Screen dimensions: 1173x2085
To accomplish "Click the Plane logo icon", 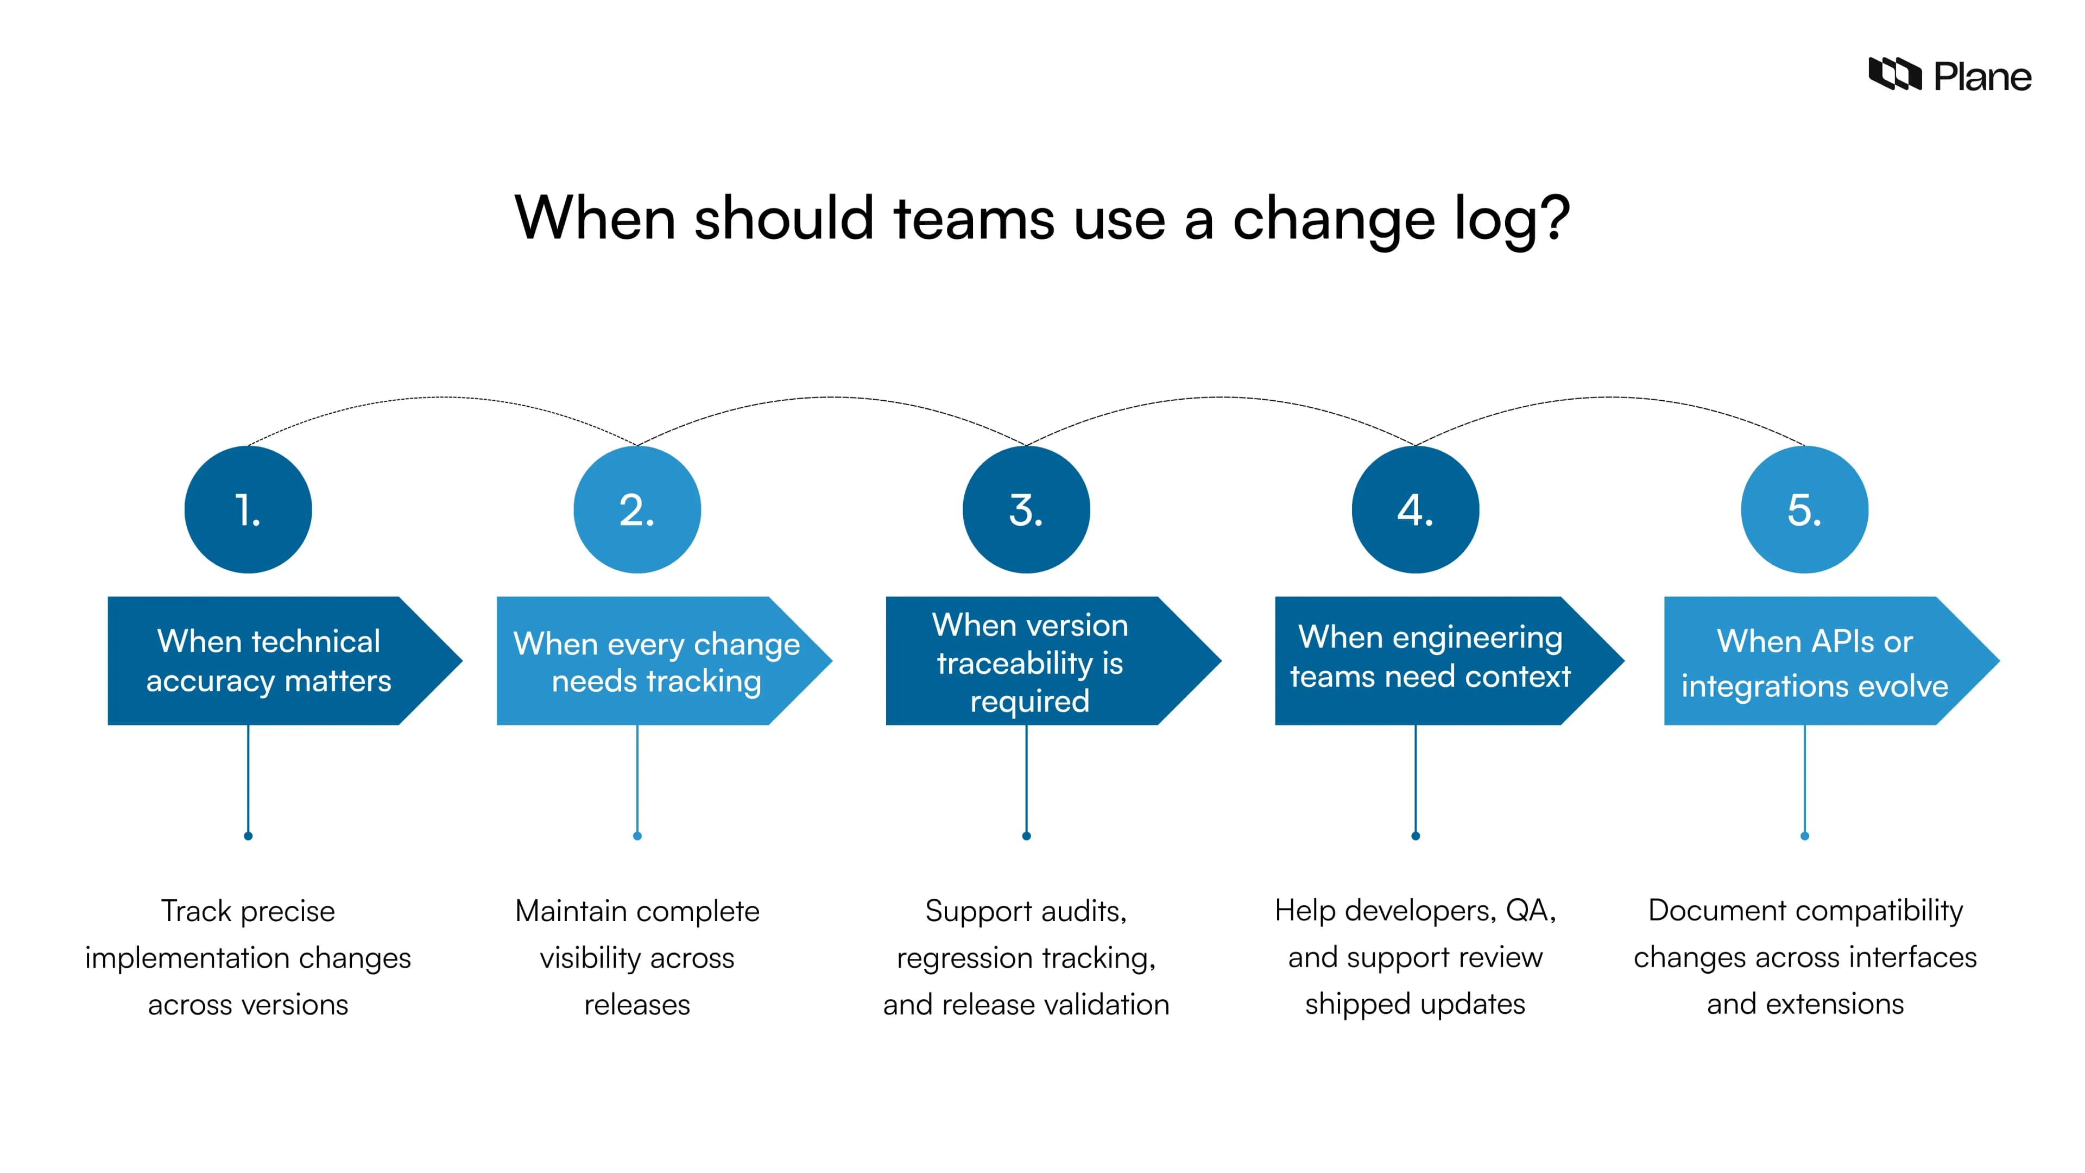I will pyautogui.click(x=1894, y=74).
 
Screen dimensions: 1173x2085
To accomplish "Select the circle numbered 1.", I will pyautogui.click(x=249, y=510).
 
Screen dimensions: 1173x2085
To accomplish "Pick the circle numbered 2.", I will pyautogui.click(x=637, y=510).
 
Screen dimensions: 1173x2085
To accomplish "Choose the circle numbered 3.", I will pyautogui.click(x=1026, y=510).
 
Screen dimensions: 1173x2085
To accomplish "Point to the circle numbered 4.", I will pyautogui.click(x=1415, y=510).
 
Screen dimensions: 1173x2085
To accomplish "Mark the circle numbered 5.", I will pyautogui.click(x=1804, y=510).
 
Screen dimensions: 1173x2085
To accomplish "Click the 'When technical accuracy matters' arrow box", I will pyautogui.click(x=275, y=660).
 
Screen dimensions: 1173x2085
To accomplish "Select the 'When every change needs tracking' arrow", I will pyautogui.click(x=655, y=660).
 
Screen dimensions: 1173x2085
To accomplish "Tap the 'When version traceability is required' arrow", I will pyautogui.click(x=1044, y=660).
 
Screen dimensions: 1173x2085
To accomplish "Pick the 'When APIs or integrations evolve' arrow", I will pyautogui.click(x=1821, y=660).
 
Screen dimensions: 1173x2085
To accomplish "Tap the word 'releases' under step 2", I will pyautogui.click(x=637, y=1005).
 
